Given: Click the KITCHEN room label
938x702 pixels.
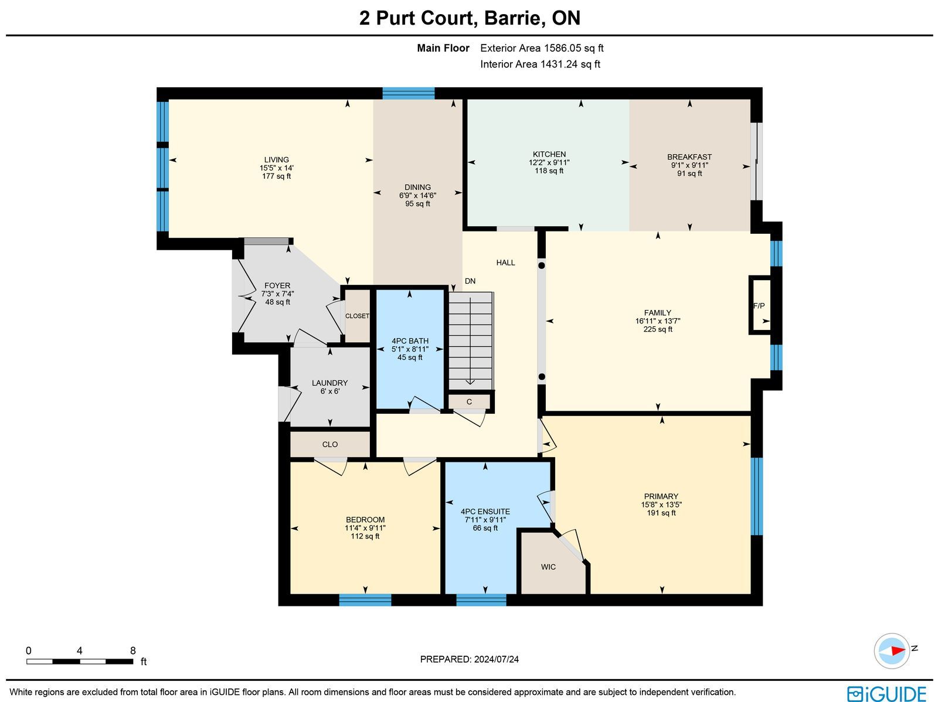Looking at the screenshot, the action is click(x=549, y=154).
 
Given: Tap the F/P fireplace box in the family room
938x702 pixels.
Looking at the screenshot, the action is click(x=760, y=305).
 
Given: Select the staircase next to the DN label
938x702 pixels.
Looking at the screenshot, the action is click(x=471, y=340).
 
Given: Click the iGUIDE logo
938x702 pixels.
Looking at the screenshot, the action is click(x=887, y=693).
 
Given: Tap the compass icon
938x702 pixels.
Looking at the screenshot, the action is click(x=892, y=651).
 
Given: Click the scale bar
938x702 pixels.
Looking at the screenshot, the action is click(x=80, y=662).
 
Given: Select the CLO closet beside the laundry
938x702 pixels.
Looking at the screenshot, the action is click(x=330, y=444).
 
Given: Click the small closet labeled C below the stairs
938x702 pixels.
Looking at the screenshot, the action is click(x=469, y=402).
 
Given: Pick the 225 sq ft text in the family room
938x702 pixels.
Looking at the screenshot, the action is click(x=658, y=329).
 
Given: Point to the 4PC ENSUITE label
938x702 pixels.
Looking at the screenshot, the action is click(x=485, y=512).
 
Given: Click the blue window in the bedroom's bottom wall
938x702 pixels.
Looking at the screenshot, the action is click(x=365, y=599).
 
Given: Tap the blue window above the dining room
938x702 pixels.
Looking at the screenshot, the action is click(x=409, y=94).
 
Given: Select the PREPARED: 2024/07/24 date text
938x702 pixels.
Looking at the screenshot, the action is click(x=469, y=659).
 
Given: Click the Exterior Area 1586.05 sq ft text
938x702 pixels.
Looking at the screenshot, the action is click(x=542, y=48).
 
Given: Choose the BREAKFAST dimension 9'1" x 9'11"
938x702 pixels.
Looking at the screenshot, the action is click(x=689, y=165).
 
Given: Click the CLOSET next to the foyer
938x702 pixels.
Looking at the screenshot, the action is click(x=357, y=316).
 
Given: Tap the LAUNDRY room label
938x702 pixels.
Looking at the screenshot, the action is click(x=329, y=383).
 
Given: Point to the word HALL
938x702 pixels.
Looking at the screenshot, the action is click(x=505, y=263).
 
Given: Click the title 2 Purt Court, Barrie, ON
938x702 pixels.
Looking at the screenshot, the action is click(x=470, y=18).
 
